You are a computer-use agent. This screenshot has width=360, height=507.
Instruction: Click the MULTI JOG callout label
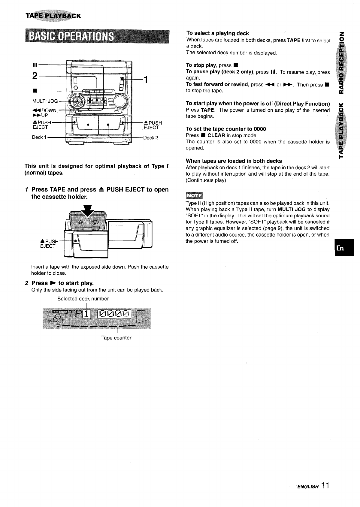pyautogui.click(x=45, y=101)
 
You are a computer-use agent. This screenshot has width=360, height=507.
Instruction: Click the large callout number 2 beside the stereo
pyautogui.click(x=35, y=76)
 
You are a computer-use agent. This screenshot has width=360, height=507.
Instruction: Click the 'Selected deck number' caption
pyautogui.click(x=83, y=299)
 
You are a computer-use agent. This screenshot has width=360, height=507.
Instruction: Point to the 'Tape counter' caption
pyautogui.click(x=116, y=338)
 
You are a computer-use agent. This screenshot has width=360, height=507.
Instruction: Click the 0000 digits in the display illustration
pyautogui.click(x=115, y=314)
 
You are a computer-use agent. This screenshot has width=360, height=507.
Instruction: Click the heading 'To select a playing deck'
pyautogui.click(x=218, y=33)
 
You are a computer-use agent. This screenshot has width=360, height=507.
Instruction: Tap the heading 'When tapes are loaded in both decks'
pyautogui.click(x=234, y=161)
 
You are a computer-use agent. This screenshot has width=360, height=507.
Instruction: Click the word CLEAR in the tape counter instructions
pyautogui.click(x=216, y=135)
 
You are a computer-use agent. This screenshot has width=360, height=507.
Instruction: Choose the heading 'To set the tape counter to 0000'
pyautogui.click(x=226, y=129)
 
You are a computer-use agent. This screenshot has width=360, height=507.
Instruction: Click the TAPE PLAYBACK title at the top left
pyautogui.click(x=53, y=16)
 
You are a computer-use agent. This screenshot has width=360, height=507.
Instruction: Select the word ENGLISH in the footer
pyautogui.click(x=307, y=487)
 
